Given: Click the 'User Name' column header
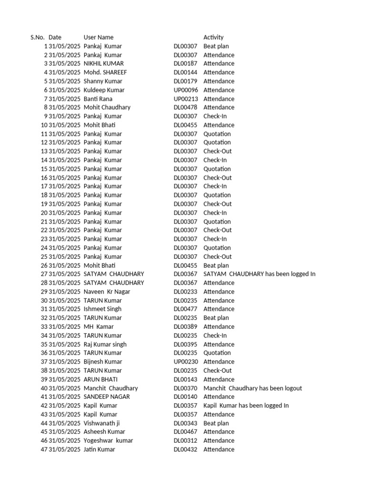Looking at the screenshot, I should click(x=98, y=37).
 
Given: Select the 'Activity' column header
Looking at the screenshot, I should click(x=213, y=37).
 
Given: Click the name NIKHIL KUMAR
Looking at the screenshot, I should click(x=103, y=63).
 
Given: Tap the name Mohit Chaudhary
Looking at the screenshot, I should click(x=107, y=107).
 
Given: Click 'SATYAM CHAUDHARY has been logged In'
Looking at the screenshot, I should click(x=259, y=274).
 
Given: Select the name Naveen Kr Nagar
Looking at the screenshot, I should click(x=107, y=292).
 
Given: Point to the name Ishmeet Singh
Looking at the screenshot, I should click(x=102, y=309).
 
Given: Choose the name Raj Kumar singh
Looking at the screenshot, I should click(x=105, y=344).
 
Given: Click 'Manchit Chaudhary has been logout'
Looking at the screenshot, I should click(x=253, y=388).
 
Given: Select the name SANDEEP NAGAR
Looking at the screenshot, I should click(x=107, y=396).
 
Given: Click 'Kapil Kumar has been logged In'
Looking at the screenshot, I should click(x=246, y=406).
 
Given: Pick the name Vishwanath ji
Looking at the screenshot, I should click(x=102, y=423).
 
